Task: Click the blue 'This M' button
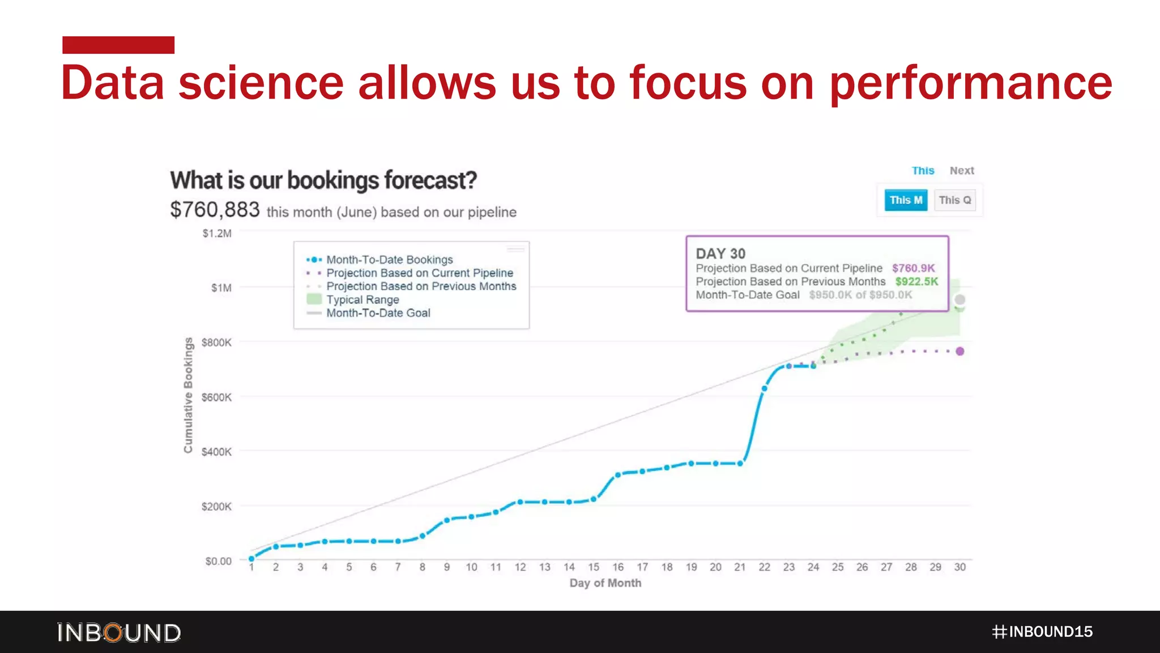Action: [906, 200]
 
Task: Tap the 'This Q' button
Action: [954, 200]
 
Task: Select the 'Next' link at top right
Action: [961, 171]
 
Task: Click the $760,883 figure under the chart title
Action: [215, 210]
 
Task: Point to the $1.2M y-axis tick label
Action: [217, 234]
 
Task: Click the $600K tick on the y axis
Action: [216, 397]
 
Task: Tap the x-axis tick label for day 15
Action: [593, 567]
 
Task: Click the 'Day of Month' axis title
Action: [605, 583]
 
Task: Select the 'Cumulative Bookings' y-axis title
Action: [188, 395]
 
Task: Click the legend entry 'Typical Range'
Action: [362, 300]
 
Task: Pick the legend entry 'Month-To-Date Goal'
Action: [378, 313]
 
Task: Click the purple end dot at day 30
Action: [959, 351]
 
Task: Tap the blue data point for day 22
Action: [765, 388]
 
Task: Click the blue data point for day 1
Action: [251, 559]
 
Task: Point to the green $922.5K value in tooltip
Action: [916, 282]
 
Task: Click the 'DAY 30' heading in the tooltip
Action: [720, 253]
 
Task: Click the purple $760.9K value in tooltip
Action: [913, 268]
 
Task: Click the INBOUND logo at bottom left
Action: [119, 633]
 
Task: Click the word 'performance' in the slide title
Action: [970, 83]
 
